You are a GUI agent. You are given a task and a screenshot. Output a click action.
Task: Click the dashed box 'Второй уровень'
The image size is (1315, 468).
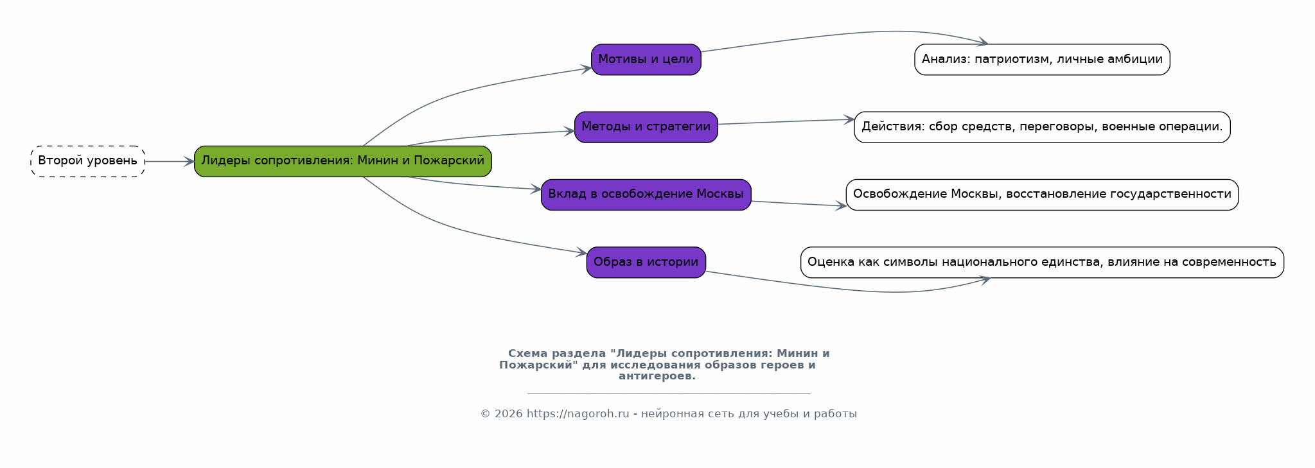87,161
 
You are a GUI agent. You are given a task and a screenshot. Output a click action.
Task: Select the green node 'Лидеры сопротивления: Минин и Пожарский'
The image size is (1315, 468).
343,161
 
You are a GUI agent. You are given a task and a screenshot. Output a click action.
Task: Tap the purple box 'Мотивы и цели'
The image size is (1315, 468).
646,60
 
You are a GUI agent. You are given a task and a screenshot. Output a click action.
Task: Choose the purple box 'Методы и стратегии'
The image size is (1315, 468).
646,127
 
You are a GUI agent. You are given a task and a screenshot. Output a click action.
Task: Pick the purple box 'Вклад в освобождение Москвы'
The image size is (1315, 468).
646,195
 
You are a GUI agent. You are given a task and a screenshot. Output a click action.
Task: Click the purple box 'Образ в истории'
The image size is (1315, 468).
646,263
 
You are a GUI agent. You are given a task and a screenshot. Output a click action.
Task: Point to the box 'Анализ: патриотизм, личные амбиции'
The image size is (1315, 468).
1042,60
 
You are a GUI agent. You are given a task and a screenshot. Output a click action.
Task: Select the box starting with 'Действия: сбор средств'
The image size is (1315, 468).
1042,127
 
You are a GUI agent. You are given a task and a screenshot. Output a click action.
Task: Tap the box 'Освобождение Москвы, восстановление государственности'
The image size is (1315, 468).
1042,195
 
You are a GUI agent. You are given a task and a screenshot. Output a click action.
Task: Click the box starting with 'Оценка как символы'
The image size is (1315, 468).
1042,263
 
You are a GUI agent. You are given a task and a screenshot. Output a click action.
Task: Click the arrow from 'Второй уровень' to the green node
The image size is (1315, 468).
170,162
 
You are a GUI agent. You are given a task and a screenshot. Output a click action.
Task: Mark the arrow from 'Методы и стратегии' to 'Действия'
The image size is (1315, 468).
786,122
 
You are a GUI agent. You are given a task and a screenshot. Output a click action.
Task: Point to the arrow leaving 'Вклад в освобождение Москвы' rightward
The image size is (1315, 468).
799,204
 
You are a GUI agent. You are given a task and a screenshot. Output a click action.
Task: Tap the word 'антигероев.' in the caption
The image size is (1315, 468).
657,376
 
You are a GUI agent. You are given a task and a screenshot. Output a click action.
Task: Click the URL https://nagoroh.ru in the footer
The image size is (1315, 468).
578,414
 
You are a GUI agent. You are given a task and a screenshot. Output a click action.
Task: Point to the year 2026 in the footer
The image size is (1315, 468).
509,414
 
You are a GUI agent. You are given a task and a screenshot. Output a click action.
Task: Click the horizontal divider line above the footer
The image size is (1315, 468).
669,394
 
